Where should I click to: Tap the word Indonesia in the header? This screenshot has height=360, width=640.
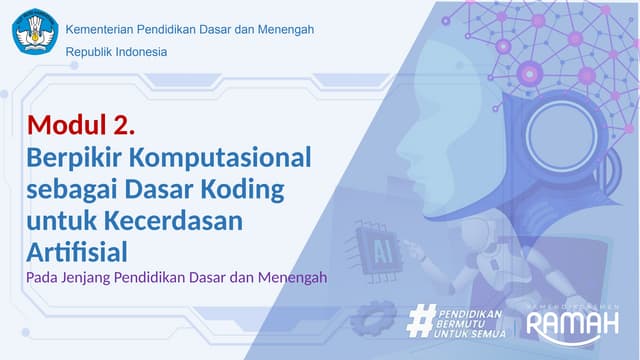142,52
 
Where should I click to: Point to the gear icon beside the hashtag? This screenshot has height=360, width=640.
372,320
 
